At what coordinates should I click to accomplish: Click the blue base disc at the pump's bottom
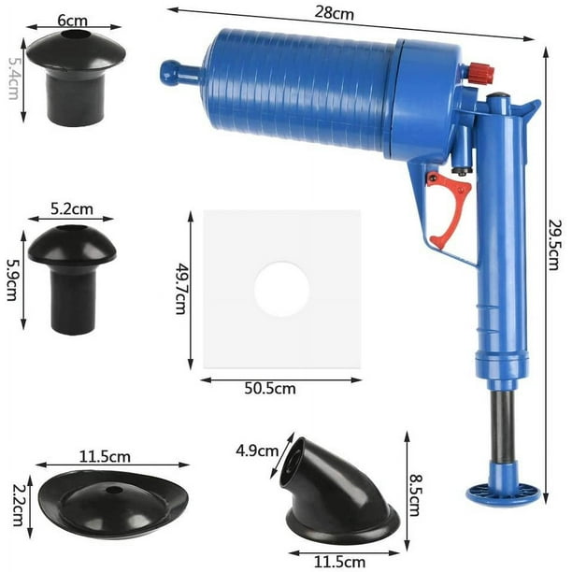(x=503, y=492)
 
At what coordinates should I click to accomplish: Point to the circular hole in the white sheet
(x=281, y=289)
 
